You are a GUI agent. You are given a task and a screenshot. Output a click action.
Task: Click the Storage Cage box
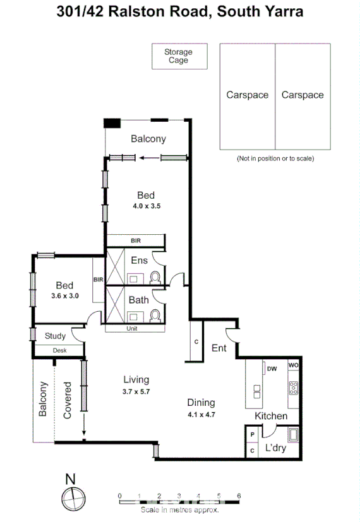click(178, 56)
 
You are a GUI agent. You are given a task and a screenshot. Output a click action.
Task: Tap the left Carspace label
click(247, 95)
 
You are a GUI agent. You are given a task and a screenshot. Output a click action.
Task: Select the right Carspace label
click(303, 95)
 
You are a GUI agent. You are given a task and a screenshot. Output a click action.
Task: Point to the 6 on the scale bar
click(239, 495)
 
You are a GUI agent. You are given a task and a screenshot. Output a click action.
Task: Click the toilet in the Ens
click(155, 277)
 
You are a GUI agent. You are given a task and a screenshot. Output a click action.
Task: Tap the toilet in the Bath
click(155, 314)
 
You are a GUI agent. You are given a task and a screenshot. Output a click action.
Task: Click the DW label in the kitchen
click(272, 369)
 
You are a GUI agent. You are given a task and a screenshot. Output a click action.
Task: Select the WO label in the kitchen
click(293, 365)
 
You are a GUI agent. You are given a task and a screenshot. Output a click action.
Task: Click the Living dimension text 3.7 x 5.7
click(136, 391)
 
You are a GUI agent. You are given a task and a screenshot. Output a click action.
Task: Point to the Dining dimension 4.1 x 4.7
click(201, 415)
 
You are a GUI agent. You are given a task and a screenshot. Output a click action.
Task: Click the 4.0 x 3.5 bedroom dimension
click(146, 206)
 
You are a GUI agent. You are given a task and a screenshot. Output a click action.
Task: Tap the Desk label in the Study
click(59, 350)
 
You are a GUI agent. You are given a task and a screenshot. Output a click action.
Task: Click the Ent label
click(219, 348)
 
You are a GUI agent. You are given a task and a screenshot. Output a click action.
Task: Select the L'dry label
click(275, 448)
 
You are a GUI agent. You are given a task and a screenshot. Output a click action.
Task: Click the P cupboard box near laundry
click(252, 436)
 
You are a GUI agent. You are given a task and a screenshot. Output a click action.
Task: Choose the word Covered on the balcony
click(67, 400)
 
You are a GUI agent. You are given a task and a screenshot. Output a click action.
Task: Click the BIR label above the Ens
click(135, 240)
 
